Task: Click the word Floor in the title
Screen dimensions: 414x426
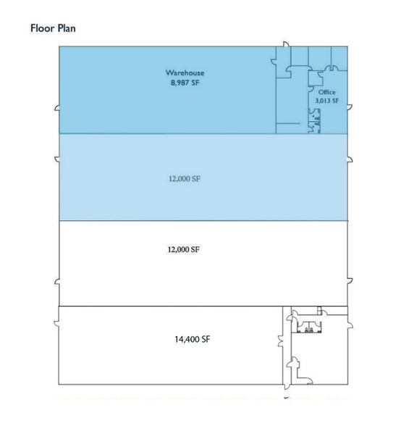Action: coord(43,28)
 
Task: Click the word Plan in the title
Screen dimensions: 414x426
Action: coord(67,28)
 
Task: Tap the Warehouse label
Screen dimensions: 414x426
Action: coord(185,72)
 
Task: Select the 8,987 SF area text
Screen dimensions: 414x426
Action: coord(185,83)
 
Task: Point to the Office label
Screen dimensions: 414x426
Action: coord(327,92)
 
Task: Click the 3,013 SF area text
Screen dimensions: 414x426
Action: coord(327,101)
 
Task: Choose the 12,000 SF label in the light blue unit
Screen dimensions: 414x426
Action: coord(185,179)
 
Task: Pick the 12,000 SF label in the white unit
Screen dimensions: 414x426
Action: coord(184,249)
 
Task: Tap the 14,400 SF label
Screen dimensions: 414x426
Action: coord(193,339)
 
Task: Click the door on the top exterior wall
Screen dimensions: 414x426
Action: coord(286,44)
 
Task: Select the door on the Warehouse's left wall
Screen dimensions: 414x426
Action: coord(57,108)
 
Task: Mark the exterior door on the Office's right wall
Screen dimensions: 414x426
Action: coord(350,106)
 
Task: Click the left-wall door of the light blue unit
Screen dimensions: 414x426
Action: coord(57,159)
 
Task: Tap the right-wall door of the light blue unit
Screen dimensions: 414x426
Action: coord(350,159)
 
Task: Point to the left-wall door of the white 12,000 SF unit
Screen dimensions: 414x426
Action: coord(57,282)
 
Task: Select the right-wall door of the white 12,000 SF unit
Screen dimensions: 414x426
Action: coord(350,281)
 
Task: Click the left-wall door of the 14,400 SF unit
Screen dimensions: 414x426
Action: coord(56,324)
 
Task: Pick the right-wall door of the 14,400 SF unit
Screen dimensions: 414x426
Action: coord(350,325)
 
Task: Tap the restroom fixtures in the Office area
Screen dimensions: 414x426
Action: coord(315,121)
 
